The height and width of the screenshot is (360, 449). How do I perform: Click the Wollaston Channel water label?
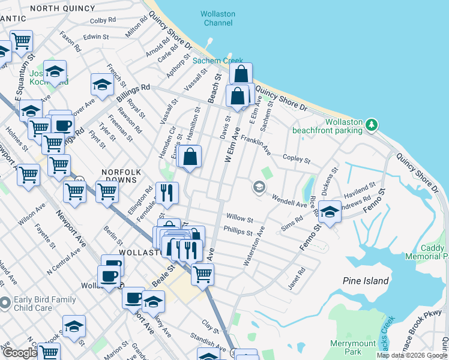coord(218,18)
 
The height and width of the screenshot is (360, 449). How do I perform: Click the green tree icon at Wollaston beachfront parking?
coord(372,124)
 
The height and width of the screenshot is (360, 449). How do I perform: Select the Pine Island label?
coord(366,281)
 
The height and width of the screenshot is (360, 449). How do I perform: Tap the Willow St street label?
coord(240,219)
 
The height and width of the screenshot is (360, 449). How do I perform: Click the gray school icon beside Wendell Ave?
coord(259,187)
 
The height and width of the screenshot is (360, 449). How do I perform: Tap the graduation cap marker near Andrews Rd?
coord(330,211)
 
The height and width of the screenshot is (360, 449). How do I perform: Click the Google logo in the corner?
coord(19,353)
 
